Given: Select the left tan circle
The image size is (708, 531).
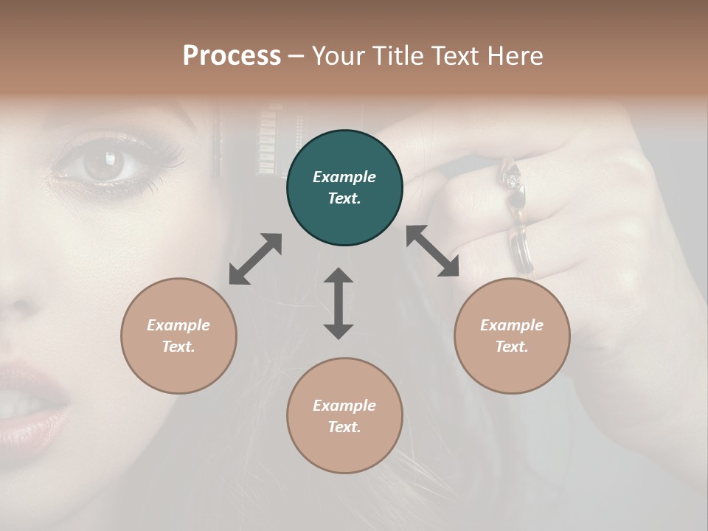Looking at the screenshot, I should point(178,336).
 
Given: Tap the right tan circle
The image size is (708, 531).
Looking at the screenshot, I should point(512,336).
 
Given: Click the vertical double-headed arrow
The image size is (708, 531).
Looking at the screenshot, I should point(339,303).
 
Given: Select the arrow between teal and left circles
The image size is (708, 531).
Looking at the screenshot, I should point(255,259).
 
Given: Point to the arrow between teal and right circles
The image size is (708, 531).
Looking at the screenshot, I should point(432,251).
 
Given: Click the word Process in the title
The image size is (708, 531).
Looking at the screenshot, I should point(232,55).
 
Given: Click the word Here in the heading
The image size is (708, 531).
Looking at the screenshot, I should point(516,55).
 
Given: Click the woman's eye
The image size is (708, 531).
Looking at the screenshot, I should point(103,164).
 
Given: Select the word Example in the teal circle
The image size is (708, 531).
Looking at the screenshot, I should point(344,177).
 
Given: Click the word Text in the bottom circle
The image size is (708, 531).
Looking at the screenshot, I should point(343,427).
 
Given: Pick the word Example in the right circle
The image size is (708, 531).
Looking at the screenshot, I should point(512,325).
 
